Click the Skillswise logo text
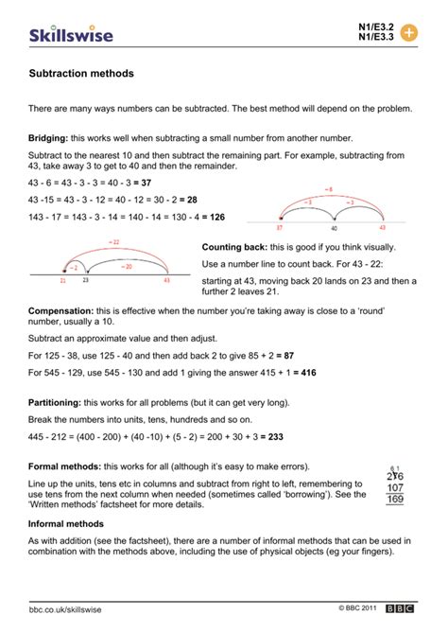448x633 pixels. (x=70, y=34)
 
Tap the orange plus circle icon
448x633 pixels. (x=409, y=32)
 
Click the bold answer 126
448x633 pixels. (x=215, y=217)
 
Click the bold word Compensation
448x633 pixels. (x=60, y=310)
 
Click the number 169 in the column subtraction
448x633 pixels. (x=396, y=500)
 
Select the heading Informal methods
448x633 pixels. (x=66, y=522)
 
